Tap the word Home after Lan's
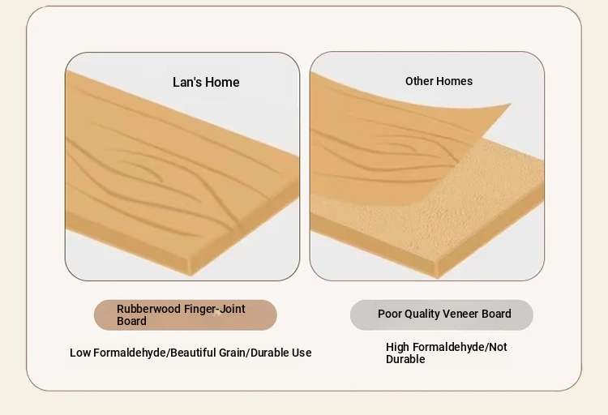coord(222,82)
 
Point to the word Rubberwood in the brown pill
coord(148,309)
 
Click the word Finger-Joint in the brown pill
coord(215,309)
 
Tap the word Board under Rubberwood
coord(131,321)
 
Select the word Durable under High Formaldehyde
coord(405,359)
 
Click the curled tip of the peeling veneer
coord(511,104)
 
